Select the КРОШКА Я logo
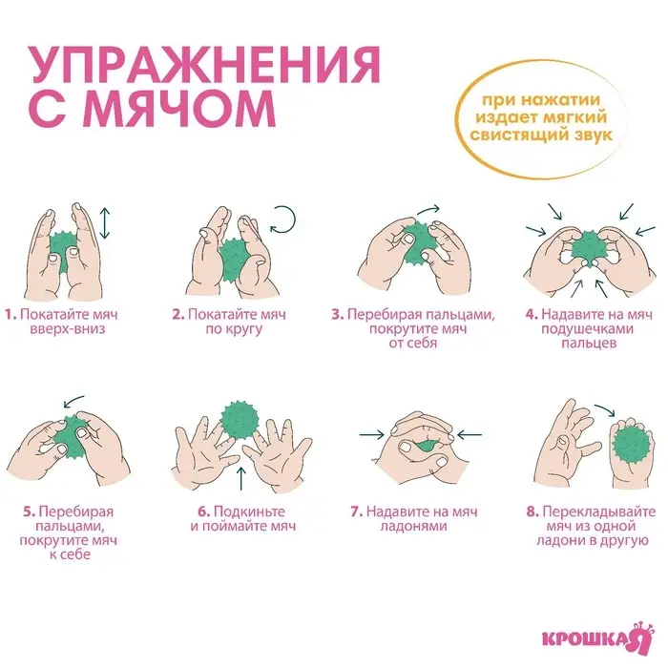tap(591, 636)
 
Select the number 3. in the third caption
tap(337, 313)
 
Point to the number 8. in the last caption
tap(532, 511)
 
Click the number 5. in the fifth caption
tap(29, 511)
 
